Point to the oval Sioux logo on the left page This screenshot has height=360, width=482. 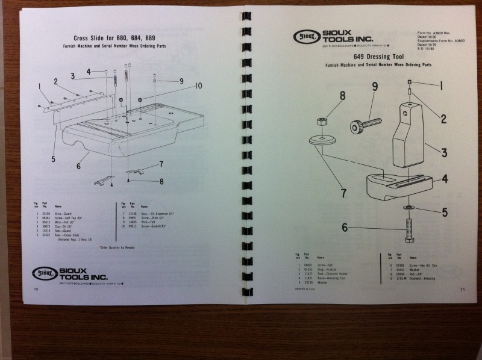pos(43,273)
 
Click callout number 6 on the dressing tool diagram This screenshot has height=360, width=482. pos(345,227)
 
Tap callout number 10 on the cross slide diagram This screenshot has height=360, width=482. pos(198,86)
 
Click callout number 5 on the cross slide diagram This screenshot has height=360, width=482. pos(53,160)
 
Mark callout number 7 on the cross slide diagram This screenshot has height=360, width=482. pos(161,164)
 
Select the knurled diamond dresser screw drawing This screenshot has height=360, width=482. pos(365,125)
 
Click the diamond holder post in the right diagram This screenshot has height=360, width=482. pos(408,136)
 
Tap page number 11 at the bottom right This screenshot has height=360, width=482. pos(462,290)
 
